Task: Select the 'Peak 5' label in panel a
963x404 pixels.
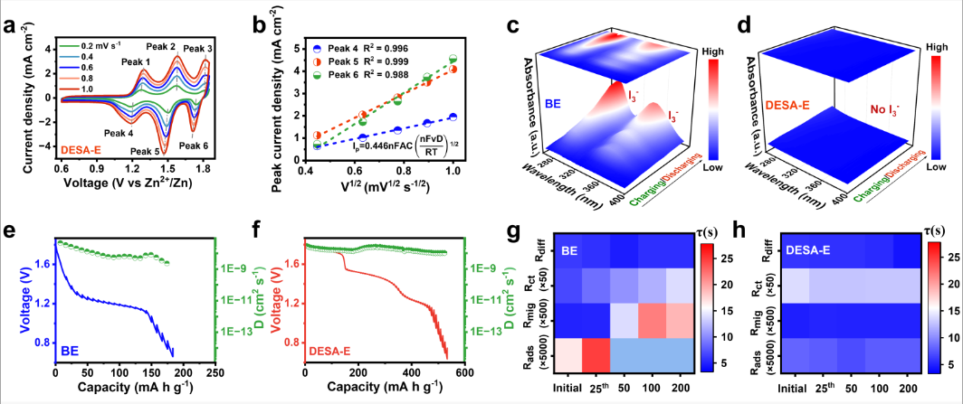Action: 146,151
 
